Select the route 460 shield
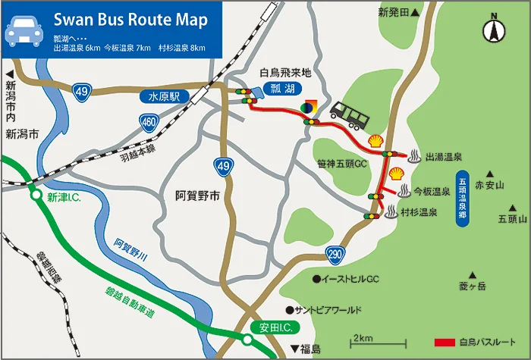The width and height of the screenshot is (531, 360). [149, 121]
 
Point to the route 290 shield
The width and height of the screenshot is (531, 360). [335, 252]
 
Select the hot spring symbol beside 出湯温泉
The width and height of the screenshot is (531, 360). [415, 158]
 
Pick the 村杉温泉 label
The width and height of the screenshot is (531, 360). [419, 213]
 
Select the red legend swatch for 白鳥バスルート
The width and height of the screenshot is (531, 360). [445, 342]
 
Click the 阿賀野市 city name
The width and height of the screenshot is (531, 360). [196, 196]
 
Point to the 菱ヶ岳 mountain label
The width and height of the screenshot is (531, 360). [472, 286]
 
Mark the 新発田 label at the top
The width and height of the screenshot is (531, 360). [394, 13]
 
